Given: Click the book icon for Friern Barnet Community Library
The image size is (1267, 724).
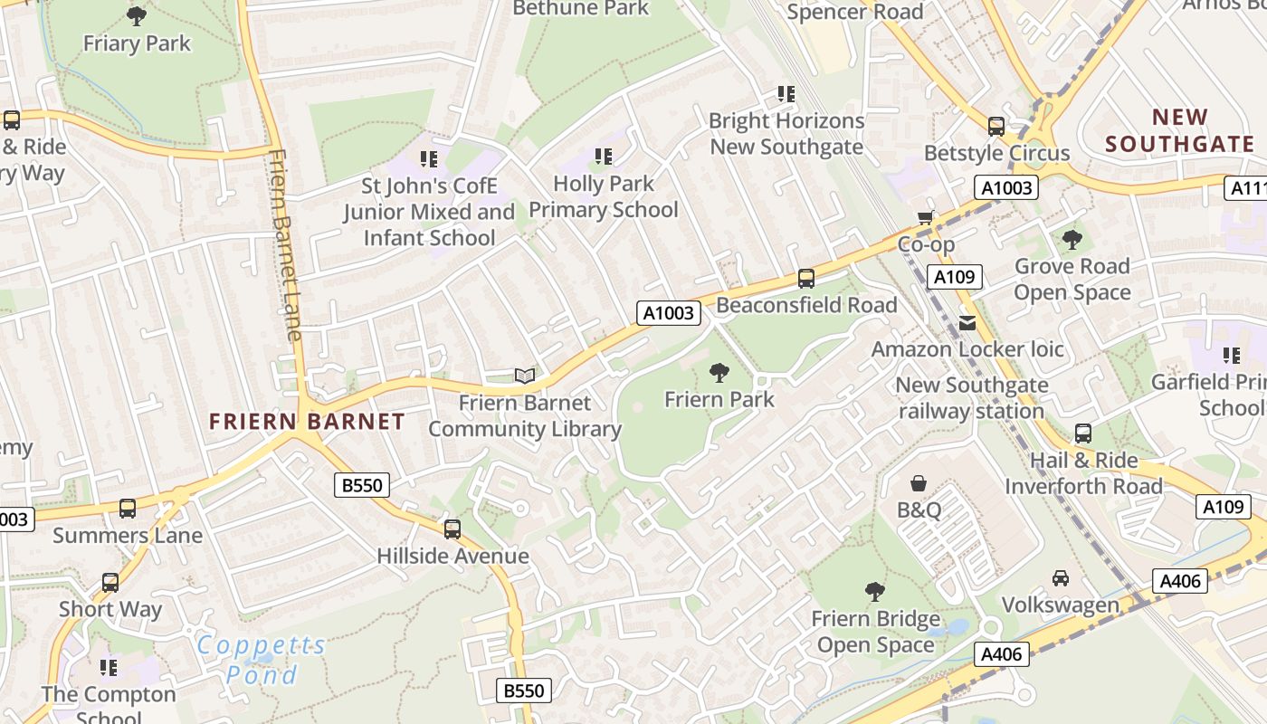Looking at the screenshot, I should (x=525, y=376).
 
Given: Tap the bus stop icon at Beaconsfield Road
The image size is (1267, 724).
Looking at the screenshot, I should (x=805, y=279).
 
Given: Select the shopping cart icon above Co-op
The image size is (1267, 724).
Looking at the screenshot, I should (x=925, y=217).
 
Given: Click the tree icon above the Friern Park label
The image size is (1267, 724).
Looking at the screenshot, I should (x=719, y=372).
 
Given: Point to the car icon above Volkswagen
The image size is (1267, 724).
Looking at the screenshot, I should (x=1060, y=577).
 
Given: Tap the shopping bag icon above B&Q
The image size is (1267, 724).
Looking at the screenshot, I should (x=919, y=483).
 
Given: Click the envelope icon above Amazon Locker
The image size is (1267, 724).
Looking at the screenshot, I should (x=967, y=322).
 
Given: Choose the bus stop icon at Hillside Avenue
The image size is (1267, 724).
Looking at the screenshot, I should (x=452, y=529).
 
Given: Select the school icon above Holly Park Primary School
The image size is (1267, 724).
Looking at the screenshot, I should (x=604, y=157).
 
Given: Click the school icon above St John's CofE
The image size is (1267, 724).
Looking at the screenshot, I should (x=429, y=160).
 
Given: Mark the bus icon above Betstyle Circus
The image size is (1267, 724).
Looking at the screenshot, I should (x=996, y=127).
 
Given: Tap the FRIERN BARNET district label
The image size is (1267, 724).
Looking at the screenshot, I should (x=307, y=422).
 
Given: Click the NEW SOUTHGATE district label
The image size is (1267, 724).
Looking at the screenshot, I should (x=1179, y=130).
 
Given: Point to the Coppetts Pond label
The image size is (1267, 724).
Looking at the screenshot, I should (x=262, y=660).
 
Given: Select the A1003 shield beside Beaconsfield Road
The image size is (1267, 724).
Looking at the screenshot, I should (x=670, y=313).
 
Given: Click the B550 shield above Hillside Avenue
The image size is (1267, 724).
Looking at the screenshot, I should (x=362, y=485).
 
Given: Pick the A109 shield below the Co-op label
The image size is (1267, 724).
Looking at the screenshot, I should (x=954, y=277).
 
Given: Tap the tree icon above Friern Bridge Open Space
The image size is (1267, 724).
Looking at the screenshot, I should (x=874, y=592).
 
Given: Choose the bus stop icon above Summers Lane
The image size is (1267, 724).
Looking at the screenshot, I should (x=128, y=509).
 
